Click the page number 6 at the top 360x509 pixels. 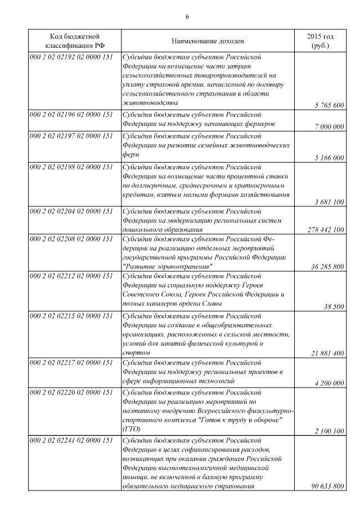point(187,16)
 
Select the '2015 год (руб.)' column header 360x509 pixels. point(319,41)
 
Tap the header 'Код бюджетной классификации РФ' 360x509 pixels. point(75,41)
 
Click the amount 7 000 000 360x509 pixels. point(329,127)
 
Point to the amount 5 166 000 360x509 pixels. point(329,158)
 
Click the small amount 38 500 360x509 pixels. point(334,307)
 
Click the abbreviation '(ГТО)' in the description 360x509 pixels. point(131,430)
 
